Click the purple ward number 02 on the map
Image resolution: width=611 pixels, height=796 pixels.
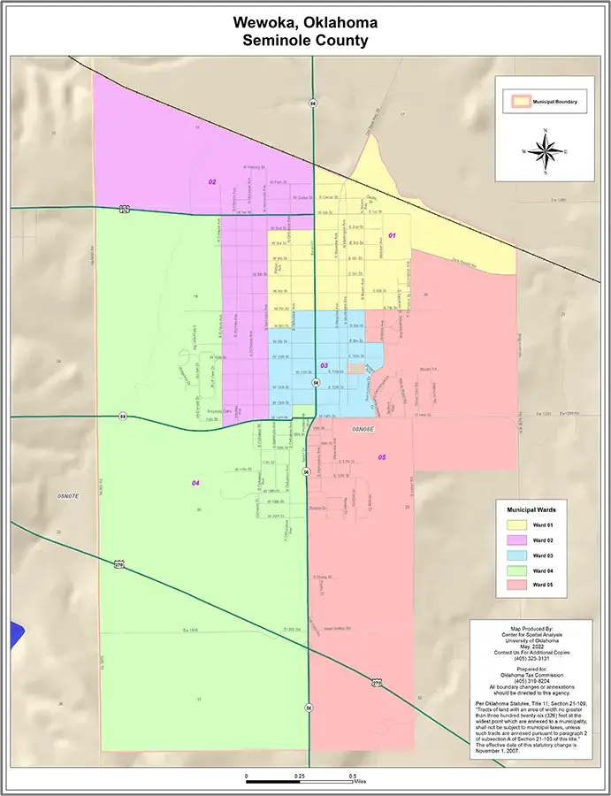212,181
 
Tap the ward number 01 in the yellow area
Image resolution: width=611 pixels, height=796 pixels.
392,235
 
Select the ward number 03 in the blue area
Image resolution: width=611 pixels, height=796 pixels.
324,365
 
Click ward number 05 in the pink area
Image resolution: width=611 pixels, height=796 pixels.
382,456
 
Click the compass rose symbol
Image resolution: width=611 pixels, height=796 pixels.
546,152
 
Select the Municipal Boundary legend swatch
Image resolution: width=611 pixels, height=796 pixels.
516,102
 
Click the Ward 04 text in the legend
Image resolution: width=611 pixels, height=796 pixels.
543,570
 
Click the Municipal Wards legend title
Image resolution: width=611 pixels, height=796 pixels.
530,510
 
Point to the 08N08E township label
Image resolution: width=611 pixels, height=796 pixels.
363,428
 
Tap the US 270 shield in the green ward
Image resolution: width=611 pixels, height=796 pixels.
119,564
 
